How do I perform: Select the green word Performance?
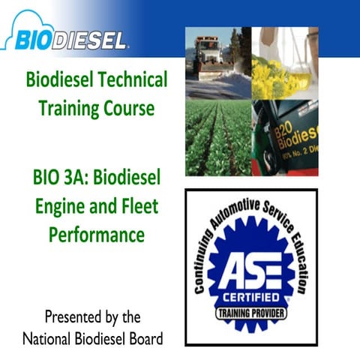coord(96,233)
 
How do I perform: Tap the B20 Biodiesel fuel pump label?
coord(297,135)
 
